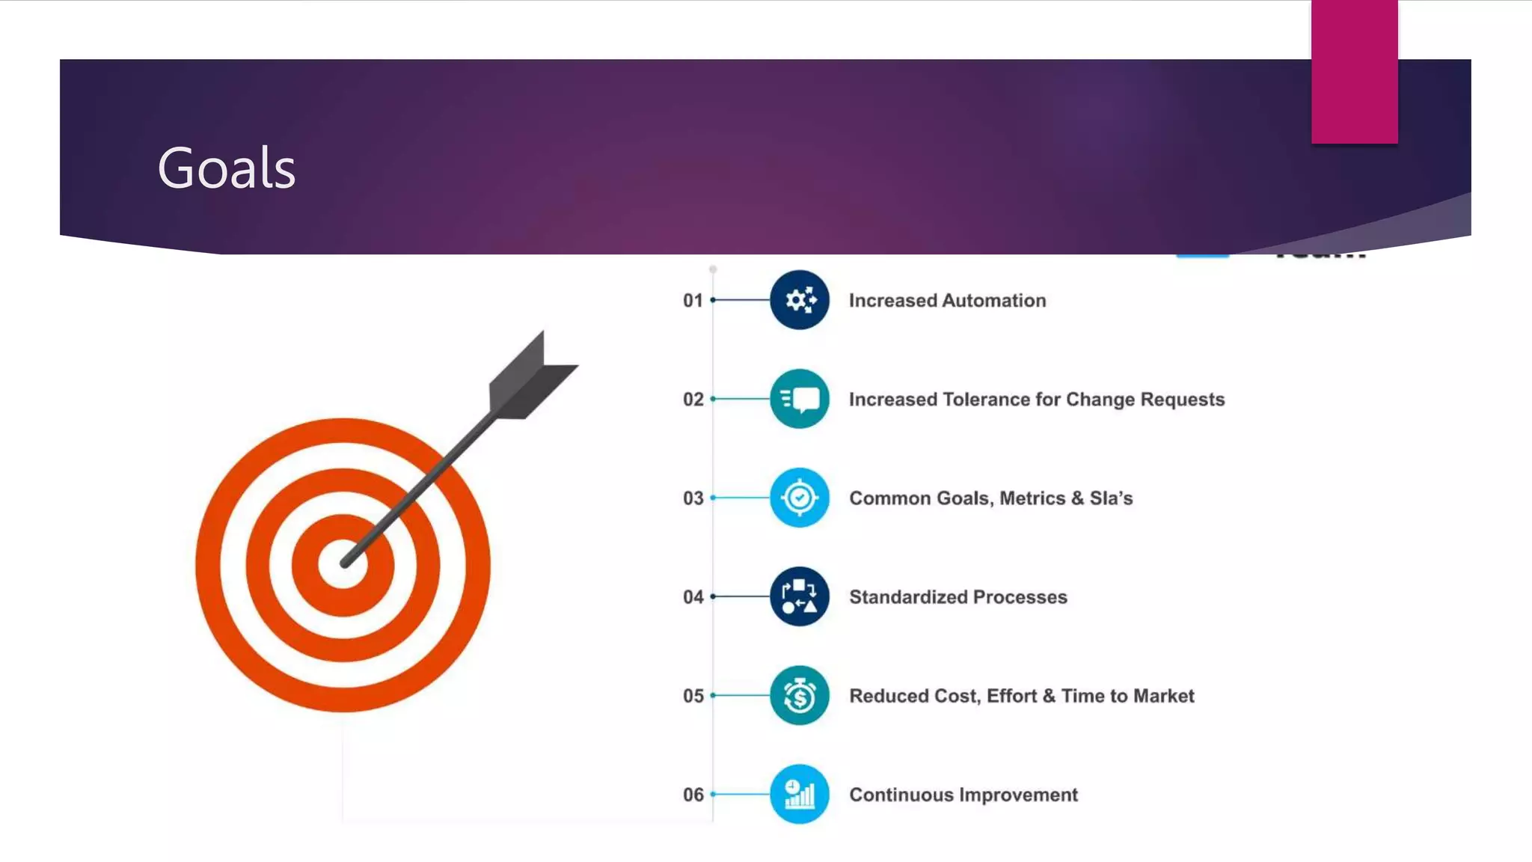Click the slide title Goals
pos(227,168)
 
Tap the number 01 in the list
pos(693,301)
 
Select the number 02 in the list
pos(693,400)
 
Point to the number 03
pos(693,498)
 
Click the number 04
pos(693,597)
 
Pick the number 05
pos(693,696)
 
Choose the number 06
pos(693,795)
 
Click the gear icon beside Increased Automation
pos(800,300)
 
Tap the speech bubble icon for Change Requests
pos(800,399)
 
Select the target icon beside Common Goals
pos(800,498)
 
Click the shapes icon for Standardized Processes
pos(800,596)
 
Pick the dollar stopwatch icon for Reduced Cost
pos(800,695)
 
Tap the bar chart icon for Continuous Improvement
pos(800,794)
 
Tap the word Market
pos(1163,696)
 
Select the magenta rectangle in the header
pos(1354,72)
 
